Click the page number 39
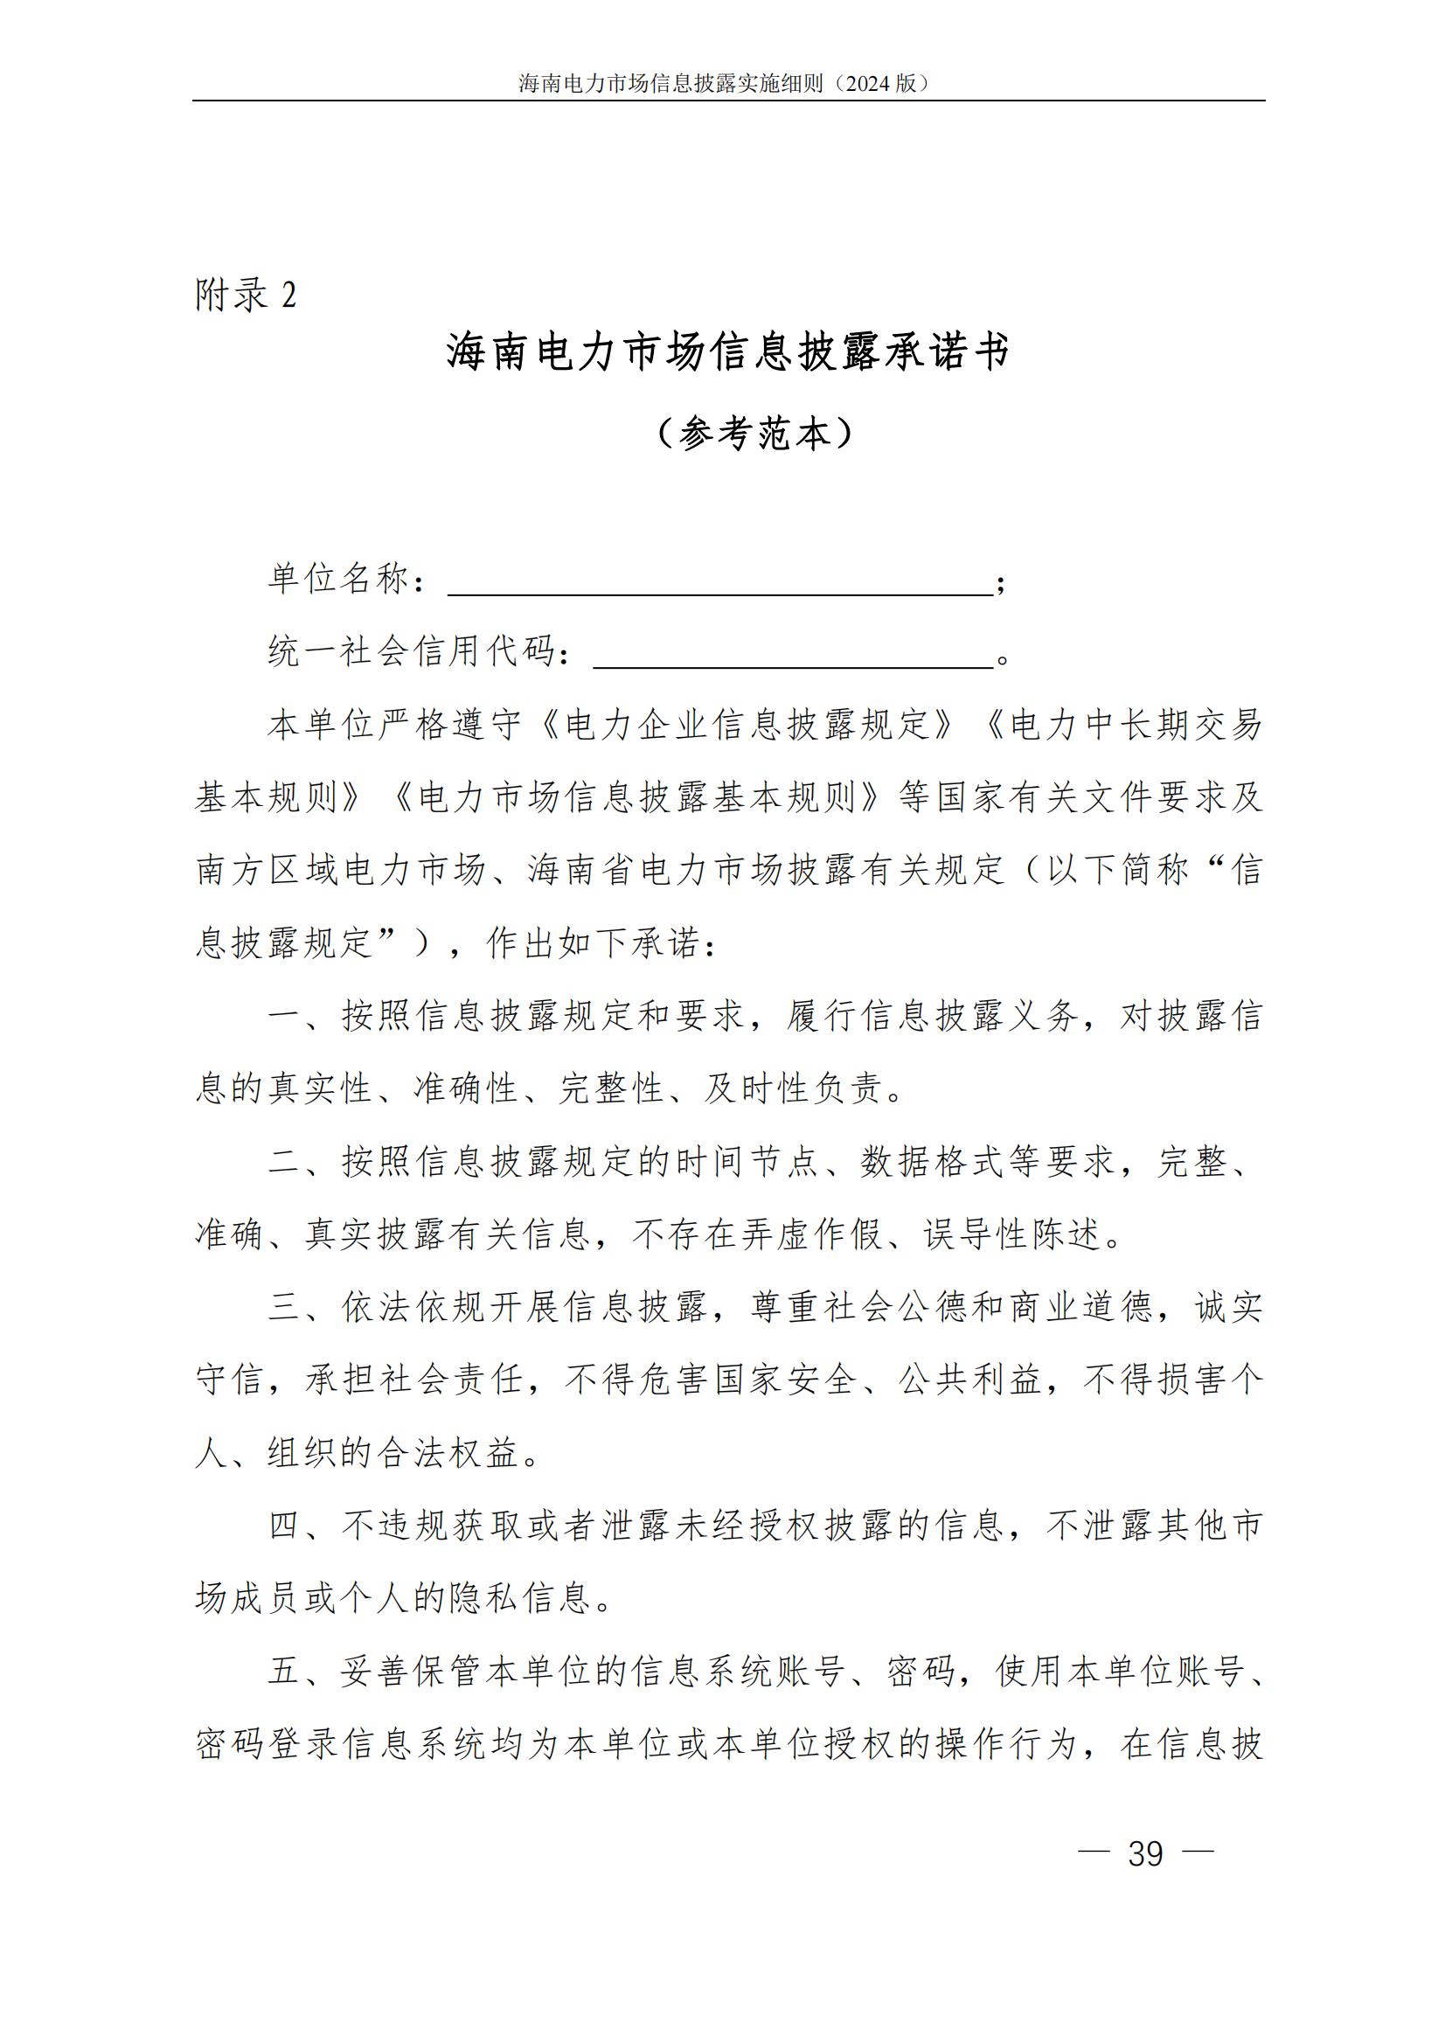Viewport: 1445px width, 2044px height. point(1145,1853)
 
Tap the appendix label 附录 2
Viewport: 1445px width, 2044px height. point(246,295)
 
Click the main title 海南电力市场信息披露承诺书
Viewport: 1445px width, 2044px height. point(727,351)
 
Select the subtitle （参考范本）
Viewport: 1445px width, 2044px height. point(755,434)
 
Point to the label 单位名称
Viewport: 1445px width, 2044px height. point(338,579)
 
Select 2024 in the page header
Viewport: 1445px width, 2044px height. point(867,84)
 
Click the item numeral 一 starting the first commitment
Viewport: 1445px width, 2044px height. point(285,1017)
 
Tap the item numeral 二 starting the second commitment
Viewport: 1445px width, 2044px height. point(285,1162)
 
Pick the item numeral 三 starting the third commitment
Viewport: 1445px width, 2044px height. point(285,1308)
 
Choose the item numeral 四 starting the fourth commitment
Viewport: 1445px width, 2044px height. point(285,1526)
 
